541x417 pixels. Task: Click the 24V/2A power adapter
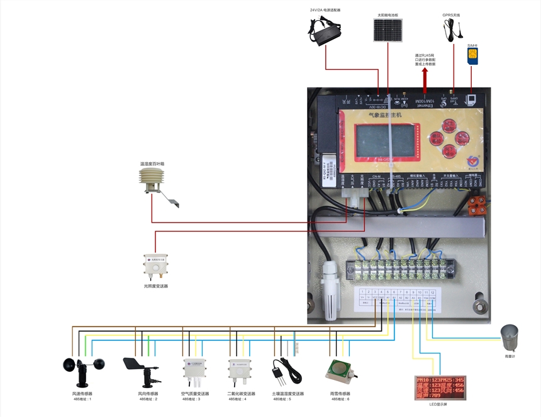point(326,30)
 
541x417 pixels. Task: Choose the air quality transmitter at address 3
point(194,371)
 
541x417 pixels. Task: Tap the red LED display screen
point(439,387)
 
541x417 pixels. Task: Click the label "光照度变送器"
point(155,286)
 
